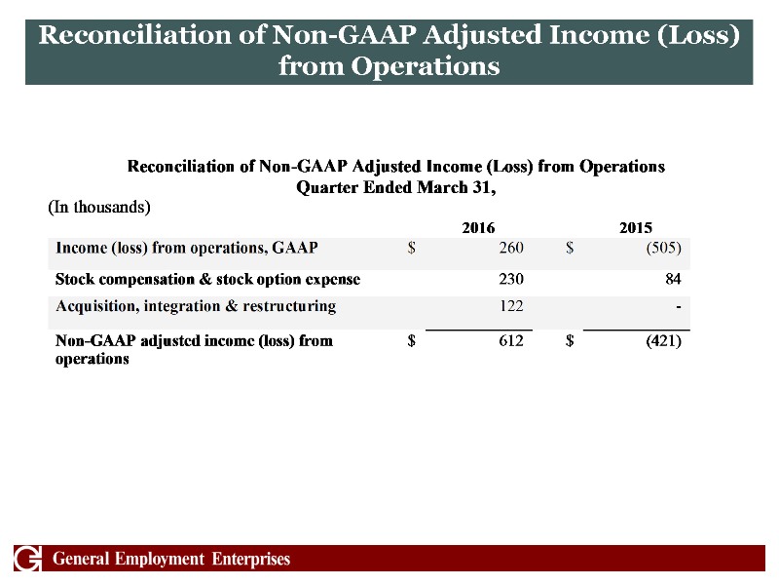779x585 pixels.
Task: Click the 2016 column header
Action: [477, 228]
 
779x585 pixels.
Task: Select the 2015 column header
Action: [635, 228]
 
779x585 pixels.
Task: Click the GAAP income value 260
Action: [511, 248]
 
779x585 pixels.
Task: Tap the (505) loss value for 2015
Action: [662, 248]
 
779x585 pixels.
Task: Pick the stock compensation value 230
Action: [511, 279]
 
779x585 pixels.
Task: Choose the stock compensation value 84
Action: [671, 279]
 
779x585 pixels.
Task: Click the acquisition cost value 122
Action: [511, 307]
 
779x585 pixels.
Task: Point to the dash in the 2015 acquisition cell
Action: [677, 307]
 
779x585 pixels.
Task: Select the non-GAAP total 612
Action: [511, 341]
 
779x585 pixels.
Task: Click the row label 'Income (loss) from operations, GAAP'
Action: [187, 248]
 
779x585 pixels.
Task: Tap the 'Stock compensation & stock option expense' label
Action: [208, 279]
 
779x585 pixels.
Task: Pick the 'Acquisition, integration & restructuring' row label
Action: [196, 307]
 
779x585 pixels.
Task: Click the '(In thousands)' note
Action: [99, 207]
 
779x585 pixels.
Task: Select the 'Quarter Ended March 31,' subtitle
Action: [396, 186]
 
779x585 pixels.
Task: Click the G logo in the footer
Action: [29, 560]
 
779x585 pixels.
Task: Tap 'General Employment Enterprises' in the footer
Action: [171, 560]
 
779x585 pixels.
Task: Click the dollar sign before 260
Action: [413, 248]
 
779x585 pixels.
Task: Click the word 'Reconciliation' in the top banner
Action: [138, 36]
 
